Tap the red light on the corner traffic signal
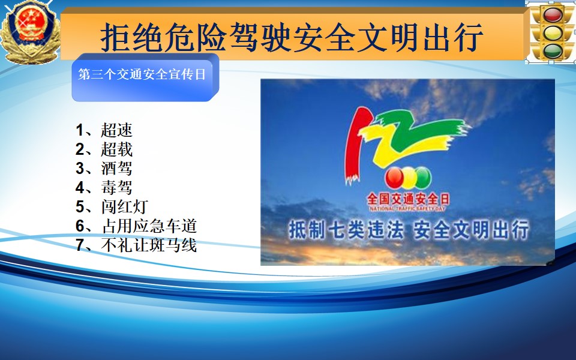553,15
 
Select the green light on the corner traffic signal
553,50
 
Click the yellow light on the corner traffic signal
553,33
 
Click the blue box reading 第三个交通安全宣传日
145,77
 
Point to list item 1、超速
104,130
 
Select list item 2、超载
104,149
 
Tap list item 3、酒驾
104,168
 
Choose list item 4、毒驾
104,187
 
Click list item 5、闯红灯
112,206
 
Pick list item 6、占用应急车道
136,226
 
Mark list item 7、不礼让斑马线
136,245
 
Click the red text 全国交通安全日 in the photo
408,199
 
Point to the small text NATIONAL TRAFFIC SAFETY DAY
407,209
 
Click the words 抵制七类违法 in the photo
346,230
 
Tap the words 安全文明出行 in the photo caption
471,230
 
